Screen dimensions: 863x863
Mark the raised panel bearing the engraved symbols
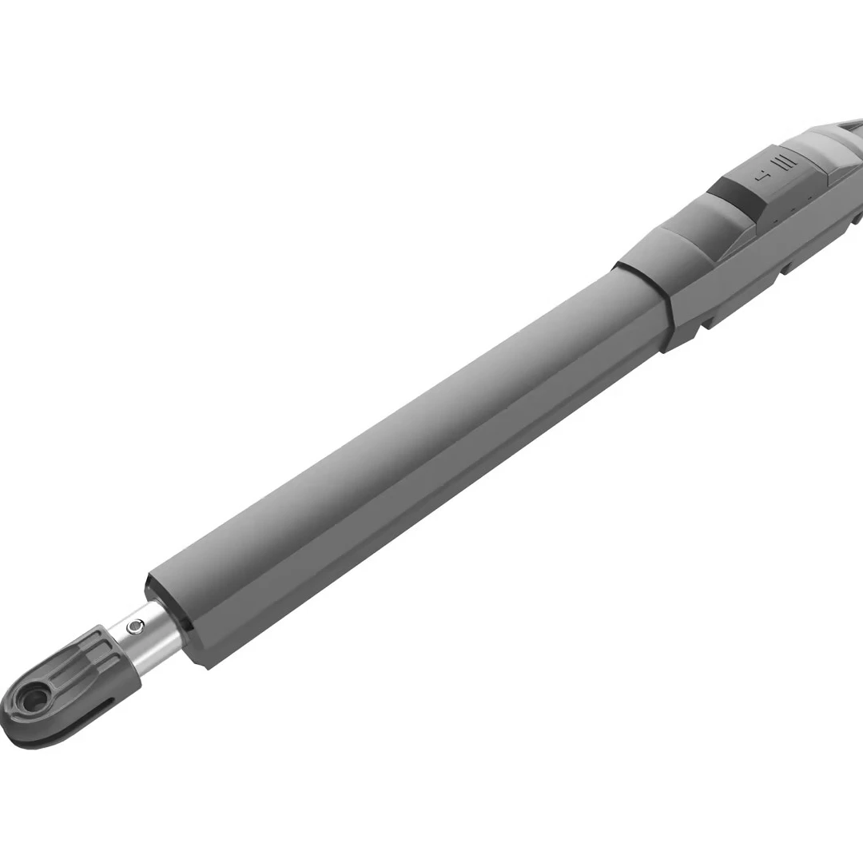tap(779, 180)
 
